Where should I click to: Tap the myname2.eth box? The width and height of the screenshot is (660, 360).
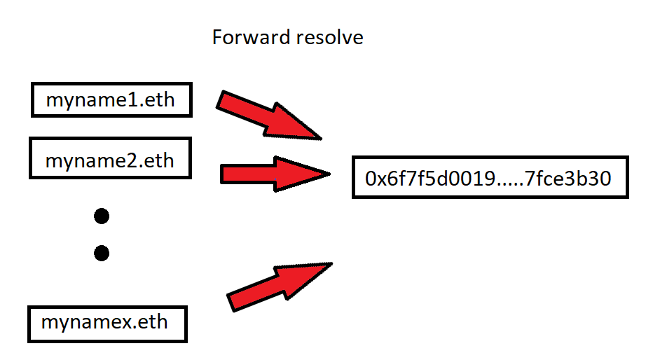click(x=109, y=160)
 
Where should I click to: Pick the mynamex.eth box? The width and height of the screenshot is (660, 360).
click(x=106, y=323)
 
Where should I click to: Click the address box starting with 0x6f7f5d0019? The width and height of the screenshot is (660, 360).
click(x=489, y=179)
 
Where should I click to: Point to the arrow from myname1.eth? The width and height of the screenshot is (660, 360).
click(x=269, y=115)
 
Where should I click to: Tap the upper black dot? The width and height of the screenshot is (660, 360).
click(x=101, y=216)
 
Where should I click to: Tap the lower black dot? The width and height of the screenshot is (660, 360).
click(x=101, y=253)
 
